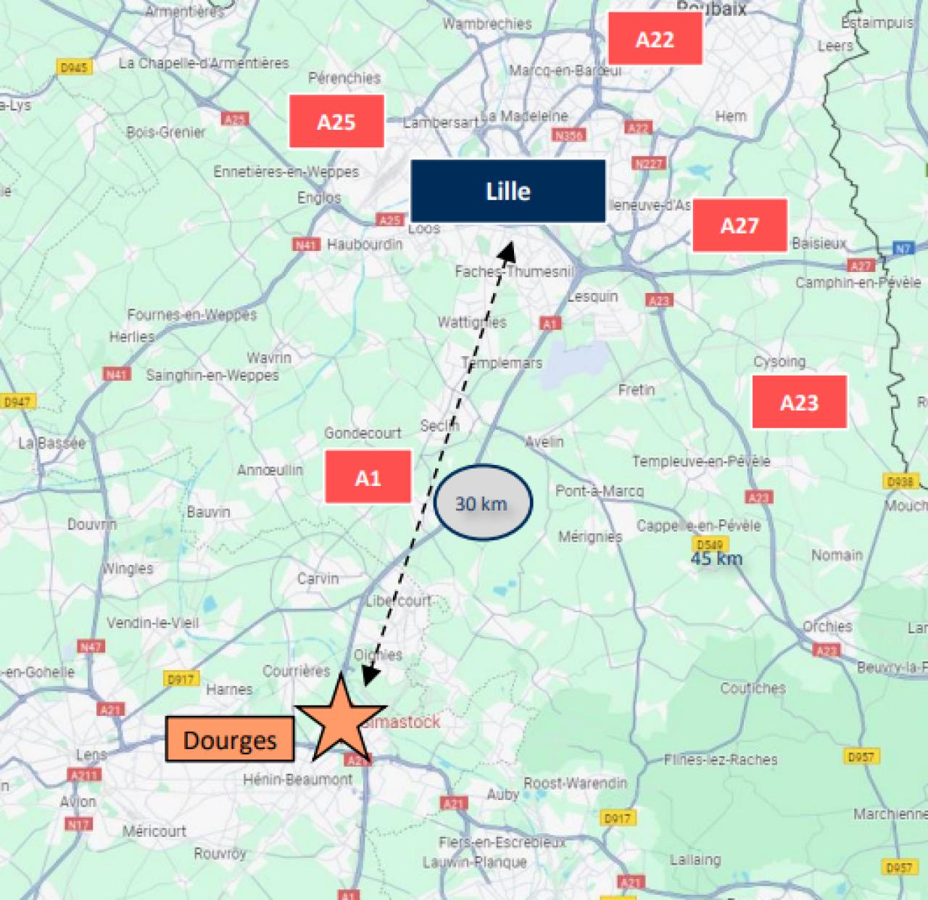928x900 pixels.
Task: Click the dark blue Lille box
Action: click(x=507, y=191)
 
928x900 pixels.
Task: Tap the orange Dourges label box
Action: click(x=230, y=739)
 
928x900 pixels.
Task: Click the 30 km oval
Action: click(x=483, y=503)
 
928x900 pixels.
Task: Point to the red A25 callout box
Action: click(x=336, y=121)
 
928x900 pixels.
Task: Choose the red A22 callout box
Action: click(x=655, y=39)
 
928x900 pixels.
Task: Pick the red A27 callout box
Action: click(x=739, y=226)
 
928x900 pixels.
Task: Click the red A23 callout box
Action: click(x=799, y=402)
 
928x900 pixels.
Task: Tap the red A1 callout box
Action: click(x=368, y=477)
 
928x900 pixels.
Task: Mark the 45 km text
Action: click(x=716, y=558)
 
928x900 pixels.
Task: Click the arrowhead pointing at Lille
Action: click(x=508, y=251)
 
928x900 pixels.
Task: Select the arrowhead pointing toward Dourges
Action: click(x=370, y=676)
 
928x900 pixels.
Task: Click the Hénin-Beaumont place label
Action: click(x=298, y=780)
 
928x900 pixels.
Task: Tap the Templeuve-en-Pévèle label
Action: click(x=701, y=461)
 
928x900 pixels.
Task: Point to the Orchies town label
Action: click(x=827, y=626)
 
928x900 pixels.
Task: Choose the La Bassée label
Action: click(x=51, y=442)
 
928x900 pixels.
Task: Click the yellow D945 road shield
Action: click(x=74, y=67)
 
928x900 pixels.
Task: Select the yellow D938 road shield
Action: click(x=900, y=481)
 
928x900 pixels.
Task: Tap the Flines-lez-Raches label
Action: click(x=721, y=759)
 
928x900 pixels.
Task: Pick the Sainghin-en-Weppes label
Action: click(x=212, y=375)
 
